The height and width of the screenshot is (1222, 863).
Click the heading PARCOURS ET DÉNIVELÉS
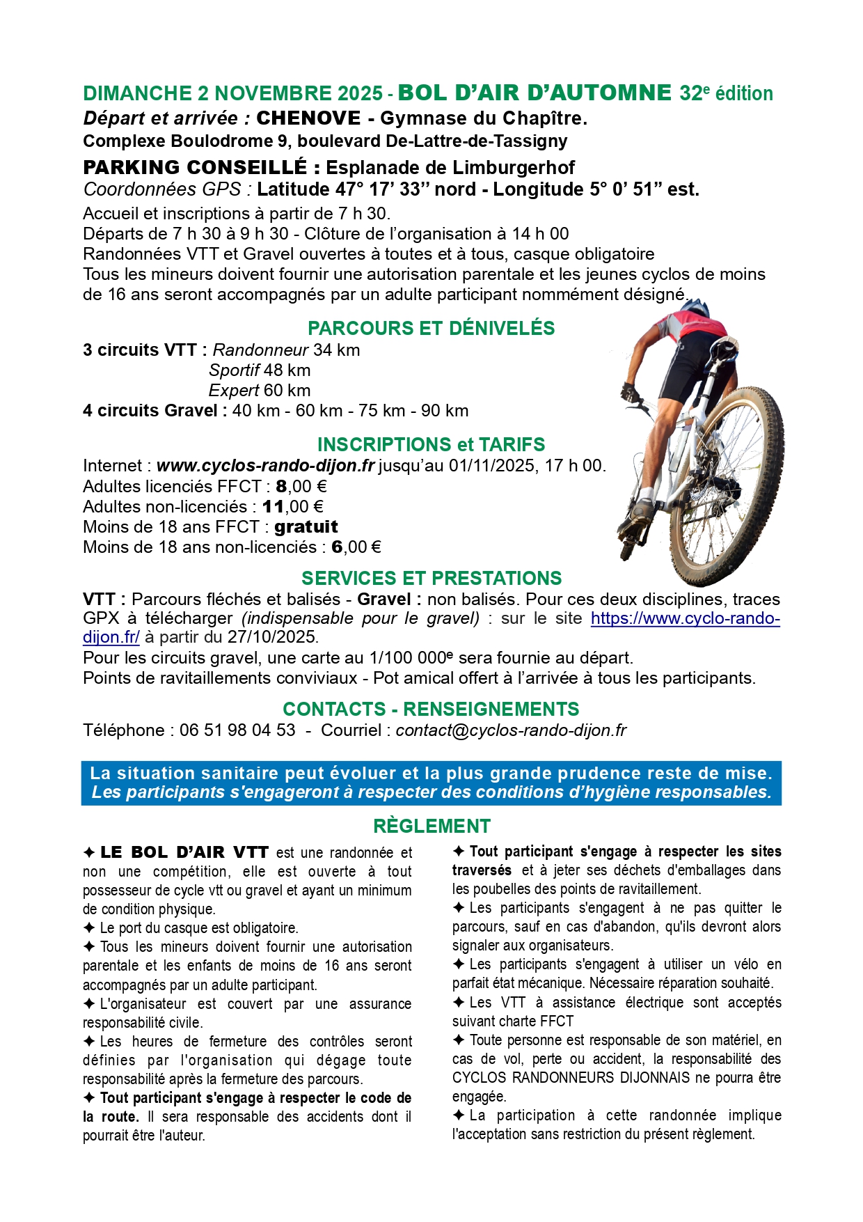point(431,328)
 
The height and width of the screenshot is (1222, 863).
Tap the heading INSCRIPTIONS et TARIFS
point(431,444)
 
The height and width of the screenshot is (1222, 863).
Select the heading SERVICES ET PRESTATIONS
point(431,578)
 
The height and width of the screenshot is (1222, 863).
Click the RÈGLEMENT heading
point(431,826)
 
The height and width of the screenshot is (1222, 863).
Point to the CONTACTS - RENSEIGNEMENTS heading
point(431,709)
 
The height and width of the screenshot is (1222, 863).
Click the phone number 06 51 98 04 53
point(237,730)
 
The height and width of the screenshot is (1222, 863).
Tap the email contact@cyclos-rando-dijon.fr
point(511,730)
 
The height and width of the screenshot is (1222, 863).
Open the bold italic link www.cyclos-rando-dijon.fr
point(265,465)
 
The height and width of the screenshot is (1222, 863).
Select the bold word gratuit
point(306,526)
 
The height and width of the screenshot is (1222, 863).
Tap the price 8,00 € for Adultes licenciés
point(301,486)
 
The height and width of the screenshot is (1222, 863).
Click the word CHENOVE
point(308,118)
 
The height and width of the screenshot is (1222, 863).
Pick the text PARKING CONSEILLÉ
point(194,167)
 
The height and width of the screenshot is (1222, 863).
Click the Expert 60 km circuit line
point(260,390)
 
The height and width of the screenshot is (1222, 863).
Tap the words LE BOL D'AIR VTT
point(184,852)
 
